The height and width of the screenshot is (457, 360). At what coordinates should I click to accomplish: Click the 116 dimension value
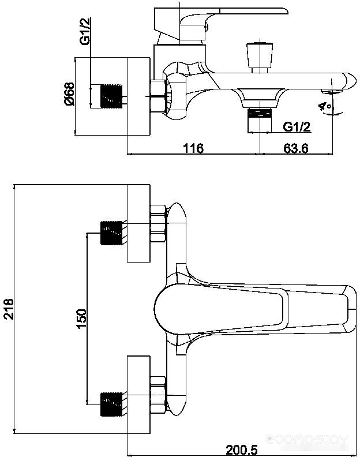tap(193, 148)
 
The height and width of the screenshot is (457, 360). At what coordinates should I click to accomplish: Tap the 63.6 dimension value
tap(296, 148)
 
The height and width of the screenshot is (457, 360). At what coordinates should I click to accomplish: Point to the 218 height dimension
tap(9, 309)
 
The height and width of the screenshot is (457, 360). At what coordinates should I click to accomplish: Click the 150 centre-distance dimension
tap(81, 319)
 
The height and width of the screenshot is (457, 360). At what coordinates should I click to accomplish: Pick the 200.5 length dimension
tap(242, 449)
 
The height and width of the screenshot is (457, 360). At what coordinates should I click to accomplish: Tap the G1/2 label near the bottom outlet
tap(297, 126)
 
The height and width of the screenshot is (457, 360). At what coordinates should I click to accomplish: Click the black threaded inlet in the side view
tap(111, 96)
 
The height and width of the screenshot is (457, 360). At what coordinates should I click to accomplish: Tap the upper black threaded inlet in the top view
tap(111, 233)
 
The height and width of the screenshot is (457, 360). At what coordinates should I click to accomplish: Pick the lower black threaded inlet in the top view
tap(111, 404)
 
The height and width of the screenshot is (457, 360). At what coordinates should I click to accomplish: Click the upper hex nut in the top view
tap(158, 223)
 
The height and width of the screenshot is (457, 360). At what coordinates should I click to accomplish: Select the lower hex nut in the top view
tap(158, 395)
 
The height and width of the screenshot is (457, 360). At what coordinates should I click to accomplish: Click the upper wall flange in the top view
tap(139, 223)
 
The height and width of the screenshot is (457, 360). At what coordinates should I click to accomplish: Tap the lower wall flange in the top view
tap(139, 394)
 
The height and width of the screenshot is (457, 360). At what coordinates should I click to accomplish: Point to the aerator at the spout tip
tap(332, 92)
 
